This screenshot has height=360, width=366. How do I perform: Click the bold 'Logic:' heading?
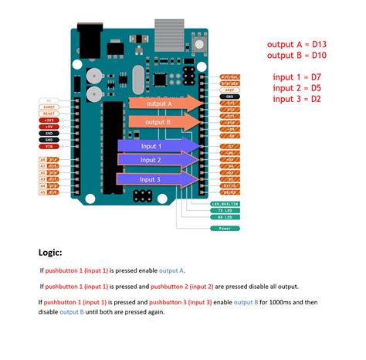[x=51, y=253]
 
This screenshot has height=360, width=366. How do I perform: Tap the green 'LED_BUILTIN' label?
[x=225, y=204]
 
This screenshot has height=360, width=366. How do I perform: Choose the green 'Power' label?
[x=225, y=228]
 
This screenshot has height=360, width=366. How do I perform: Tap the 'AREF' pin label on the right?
[x=229, y=90]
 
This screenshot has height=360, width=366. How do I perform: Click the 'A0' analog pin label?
[x=43, y=159]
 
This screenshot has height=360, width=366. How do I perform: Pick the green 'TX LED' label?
[x=225, y=210]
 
